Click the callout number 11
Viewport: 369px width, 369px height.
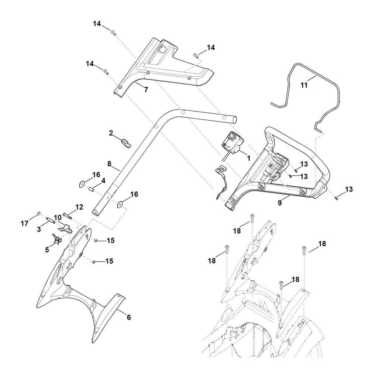pyautogui.click(x=304, y=85)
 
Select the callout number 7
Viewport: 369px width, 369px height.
pyautogui.click(x=146, y=90)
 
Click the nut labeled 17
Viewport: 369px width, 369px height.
pyautogui.click(x=39, y=214)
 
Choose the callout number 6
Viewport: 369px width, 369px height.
pyautogui.click(x=129, y=317)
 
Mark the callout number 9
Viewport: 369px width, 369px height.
pyautogui.click(x=279, y=203)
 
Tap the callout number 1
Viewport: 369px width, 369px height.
pyautogui.click(x=248, y=158)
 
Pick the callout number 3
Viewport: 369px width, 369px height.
pyautogui.click(x=38, y=230)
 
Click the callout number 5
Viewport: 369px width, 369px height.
pyautogui.click(x=47, y=249)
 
